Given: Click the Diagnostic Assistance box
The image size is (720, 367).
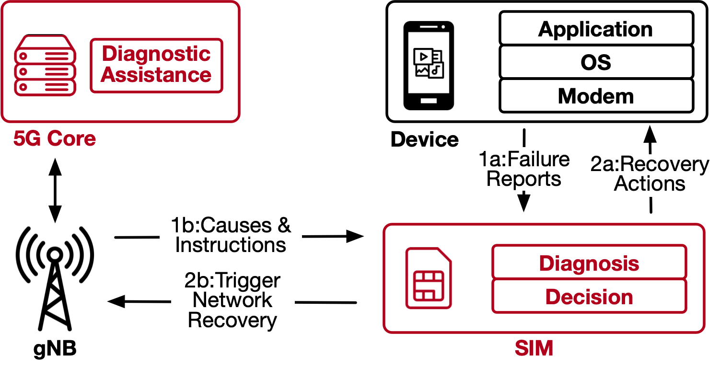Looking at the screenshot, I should [x=156, y=66].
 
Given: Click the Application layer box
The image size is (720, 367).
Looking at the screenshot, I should [x=596, y=29].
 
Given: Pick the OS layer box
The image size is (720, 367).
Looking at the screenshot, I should [x=596, y=62].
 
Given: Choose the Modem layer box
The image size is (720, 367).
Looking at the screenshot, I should [x=596, y=96].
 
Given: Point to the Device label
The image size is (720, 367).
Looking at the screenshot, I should [x=425, y=139].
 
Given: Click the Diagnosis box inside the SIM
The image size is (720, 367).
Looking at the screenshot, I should [x=589, y=263].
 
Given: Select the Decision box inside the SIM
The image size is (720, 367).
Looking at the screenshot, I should [x=589, y=297].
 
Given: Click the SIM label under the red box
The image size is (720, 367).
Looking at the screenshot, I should [x=534, y=348].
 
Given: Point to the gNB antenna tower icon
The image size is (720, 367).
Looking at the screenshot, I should [x=55, y=278].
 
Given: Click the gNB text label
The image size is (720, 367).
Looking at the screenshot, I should [x=55, y=349].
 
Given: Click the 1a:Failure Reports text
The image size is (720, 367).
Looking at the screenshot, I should [x=524, y=169].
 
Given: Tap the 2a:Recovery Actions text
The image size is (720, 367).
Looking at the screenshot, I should [x=650, y=173].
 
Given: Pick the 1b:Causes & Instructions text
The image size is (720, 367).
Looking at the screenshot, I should [x=231, y=235].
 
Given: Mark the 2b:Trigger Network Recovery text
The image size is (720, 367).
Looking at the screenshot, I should [x=232, y=300].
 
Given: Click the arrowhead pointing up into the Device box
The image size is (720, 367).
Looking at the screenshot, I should [x=650, y=132].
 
